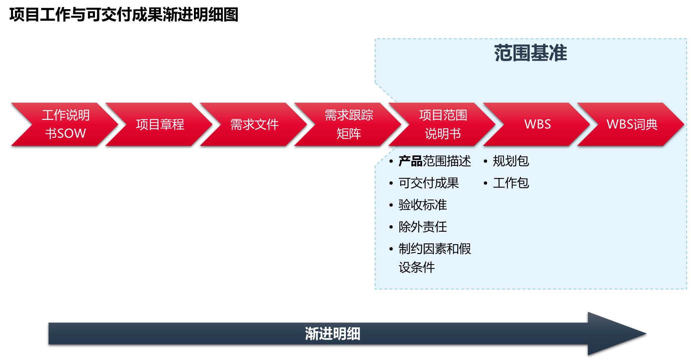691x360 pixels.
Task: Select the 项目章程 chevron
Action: click(x=160, y=124)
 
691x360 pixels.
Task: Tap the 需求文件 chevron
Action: click(x=255, y=124)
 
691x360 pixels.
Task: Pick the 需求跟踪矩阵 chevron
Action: click(x=349, y=124)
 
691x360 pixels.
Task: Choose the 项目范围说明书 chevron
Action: click(x=443, y=124)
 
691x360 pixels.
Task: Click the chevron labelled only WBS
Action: click(x=538, y=124)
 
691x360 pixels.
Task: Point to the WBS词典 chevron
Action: click(x=632, y=124)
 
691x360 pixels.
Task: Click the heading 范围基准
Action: click(x=530, y=53)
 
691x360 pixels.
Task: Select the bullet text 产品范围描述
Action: click(x=435, y=161)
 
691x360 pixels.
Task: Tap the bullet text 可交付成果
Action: click(x=428, y=183)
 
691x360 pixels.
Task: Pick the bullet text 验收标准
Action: click(x=423, y=205)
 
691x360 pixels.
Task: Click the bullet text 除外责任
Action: click(x=423, y=227)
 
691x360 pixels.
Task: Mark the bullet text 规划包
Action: click(x=511, y=161)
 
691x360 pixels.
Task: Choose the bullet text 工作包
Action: click(x=511, y=183)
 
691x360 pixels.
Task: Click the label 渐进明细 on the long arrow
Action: click(x=332, y=334)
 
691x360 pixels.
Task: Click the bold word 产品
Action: click(x=410, y=161)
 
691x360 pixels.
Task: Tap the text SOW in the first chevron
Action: click(x=72, y=133)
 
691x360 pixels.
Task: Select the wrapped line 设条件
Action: click(x=417, y=267)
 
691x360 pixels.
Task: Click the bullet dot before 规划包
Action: click(x=485, y=161)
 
